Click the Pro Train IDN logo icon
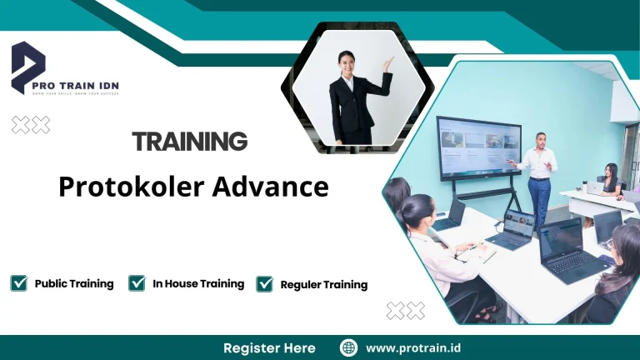pos(27,67)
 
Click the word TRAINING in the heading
pos(190,141)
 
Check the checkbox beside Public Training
pos(18,283)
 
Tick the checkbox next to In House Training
pos(137,283)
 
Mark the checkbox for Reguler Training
pos(265,284)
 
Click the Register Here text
pos(269,347)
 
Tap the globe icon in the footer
pos(348,347)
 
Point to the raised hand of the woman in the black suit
pos(387,63)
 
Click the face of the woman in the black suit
pos(347,62)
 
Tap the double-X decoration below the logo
pos(31,125)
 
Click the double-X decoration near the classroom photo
pos(406,311)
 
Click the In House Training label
pos(198,283)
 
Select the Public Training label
pos(74,283)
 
